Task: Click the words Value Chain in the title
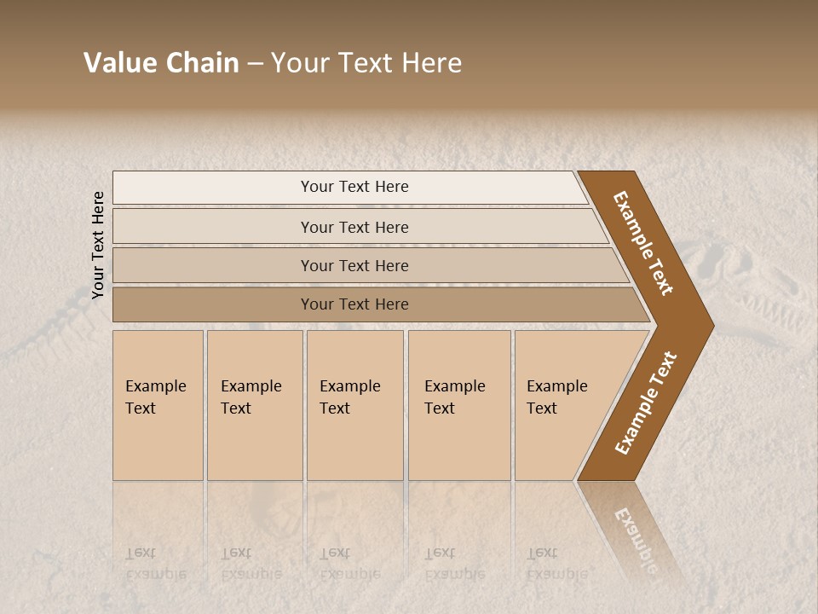161,63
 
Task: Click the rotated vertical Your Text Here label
98,245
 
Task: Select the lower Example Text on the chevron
646,403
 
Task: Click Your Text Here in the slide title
366,63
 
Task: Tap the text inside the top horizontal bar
354,187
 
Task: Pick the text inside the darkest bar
354,304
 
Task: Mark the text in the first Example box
155,397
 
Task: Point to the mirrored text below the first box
155,564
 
